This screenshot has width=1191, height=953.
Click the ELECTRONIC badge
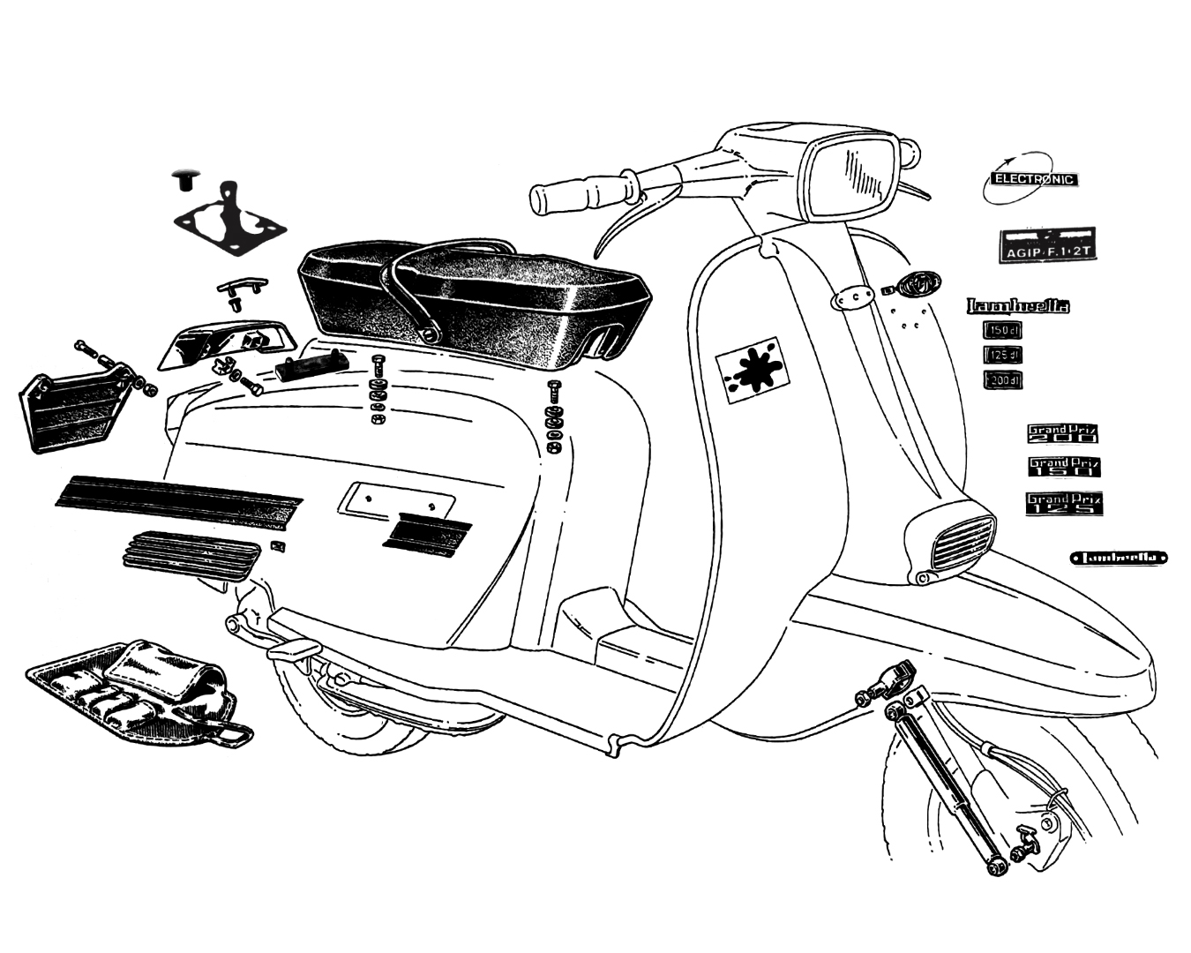tap(1034, 179)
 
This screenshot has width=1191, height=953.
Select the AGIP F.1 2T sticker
tap(1047, 246)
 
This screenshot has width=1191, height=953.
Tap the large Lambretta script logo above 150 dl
tap(1019, 306)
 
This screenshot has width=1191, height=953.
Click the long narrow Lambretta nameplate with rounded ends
tap(1119, 558)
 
